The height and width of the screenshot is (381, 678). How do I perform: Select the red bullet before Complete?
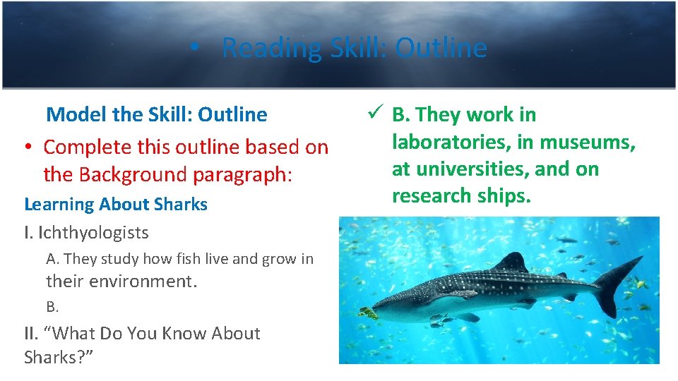[x=26, y=147]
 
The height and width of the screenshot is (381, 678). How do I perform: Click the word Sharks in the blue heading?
[x=181, y=205]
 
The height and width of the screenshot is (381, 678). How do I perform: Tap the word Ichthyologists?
[x=93, y=232]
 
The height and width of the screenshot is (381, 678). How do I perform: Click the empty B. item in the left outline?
[x=52, y=307]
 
